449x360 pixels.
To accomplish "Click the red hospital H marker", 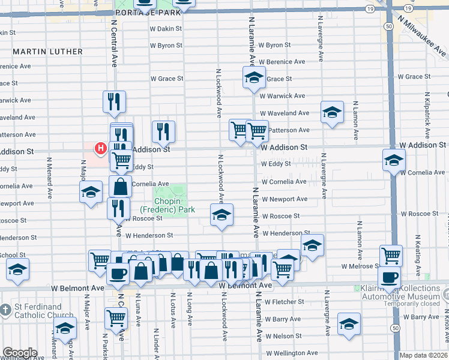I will point(101,148).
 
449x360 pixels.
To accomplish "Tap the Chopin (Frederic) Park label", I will point(163,205).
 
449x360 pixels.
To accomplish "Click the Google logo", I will point(19,353).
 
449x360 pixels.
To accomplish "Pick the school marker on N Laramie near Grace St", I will point(254,77).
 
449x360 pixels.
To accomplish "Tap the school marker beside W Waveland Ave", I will point(332,112).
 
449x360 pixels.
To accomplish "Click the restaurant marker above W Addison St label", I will point(163,131).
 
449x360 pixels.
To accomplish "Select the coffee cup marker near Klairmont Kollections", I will point(389,278).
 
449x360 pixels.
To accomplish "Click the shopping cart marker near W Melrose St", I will point(391,255).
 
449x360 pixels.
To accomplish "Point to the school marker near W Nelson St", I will point(349,324).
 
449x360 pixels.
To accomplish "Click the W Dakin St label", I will point(166,28).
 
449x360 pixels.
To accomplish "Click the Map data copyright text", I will point(423,355).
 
